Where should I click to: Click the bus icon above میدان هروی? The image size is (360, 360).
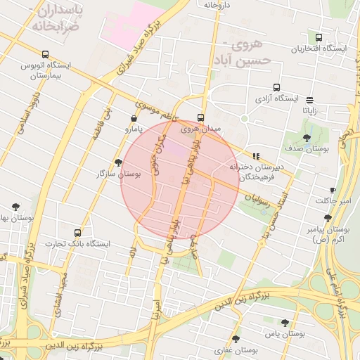pyautogui.click(x=201, y=117)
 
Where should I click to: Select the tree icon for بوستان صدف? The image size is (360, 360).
pyautogui.click(x=306, y=138)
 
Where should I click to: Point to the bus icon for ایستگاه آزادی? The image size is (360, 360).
pyautogui.click(x=276, y=88)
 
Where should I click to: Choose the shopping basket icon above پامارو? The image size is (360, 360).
pyautogui.click(x=134, y=119)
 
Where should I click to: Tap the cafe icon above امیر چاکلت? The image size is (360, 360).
pyautogui.click(x=333, y=191)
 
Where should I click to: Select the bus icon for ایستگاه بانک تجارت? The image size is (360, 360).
pyautogui.click(x=77, y=233)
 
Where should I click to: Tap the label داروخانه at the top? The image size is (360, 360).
pyautogui.click(x=217, y=5)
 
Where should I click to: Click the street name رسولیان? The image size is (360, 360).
pyautogui.click(x=255, y=199)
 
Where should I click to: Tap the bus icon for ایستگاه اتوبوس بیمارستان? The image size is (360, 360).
pyautogui.click(x=46, y=54)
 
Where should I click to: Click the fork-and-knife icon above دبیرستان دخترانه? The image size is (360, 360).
pyautogui.click(x=256, y=156)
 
